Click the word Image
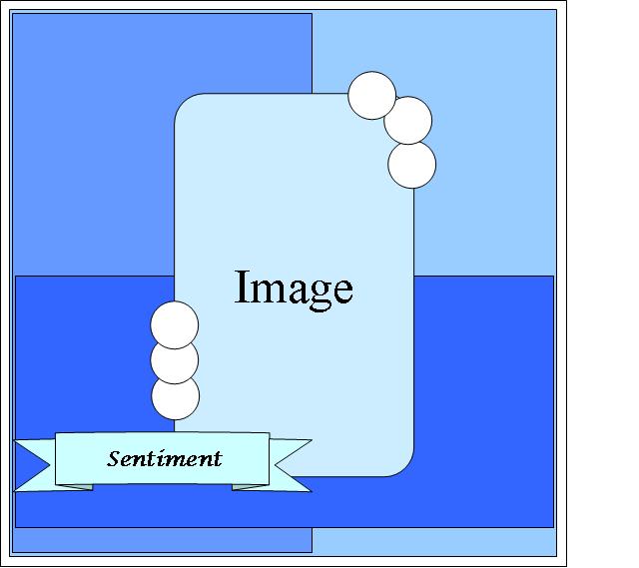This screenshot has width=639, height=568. click(294, 287)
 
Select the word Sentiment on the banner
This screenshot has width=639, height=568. click(164, 459)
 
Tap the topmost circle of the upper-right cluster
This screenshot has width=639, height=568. click(372, 96)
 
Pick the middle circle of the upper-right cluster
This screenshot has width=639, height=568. click(408, 121)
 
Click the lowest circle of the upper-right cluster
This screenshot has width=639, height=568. click(411, 165)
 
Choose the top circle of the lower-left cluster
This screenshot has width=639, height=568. click(175, 325)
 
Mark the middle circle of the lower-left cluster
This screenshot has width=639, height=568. click(175, 360)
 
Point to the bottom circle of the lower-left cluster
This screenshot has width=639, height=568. click(176, 397)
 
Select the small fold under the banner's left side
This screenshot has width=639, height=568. click(74, 487)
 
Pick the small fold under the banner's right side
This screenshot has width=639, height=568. click(251, 487)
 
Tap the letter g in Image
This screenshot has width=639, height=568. click(317, 292)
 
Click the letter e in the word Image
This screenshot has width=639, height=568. click(341, 290)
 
